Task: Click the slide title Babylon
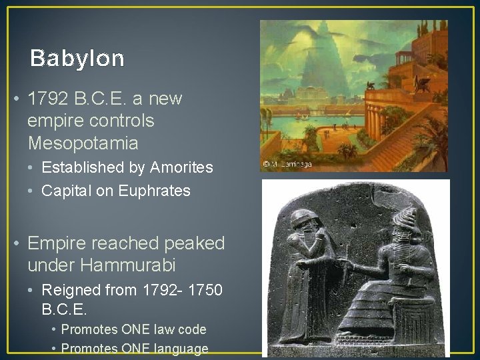[x=77, y=59]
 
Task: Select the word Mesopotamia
[x=83, y=143]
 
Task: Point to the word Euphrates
[x=155, y=191]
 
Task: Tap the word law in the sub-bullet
[x=165, y=329]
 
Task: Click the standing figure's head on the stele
[x=303, y=223]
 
